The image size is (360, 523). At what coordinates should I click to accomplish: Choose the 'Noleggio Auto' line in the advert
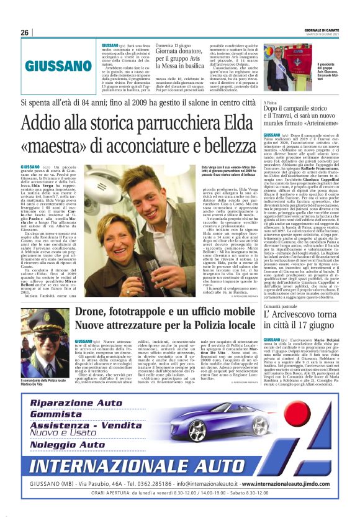(x=68, y=445)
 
